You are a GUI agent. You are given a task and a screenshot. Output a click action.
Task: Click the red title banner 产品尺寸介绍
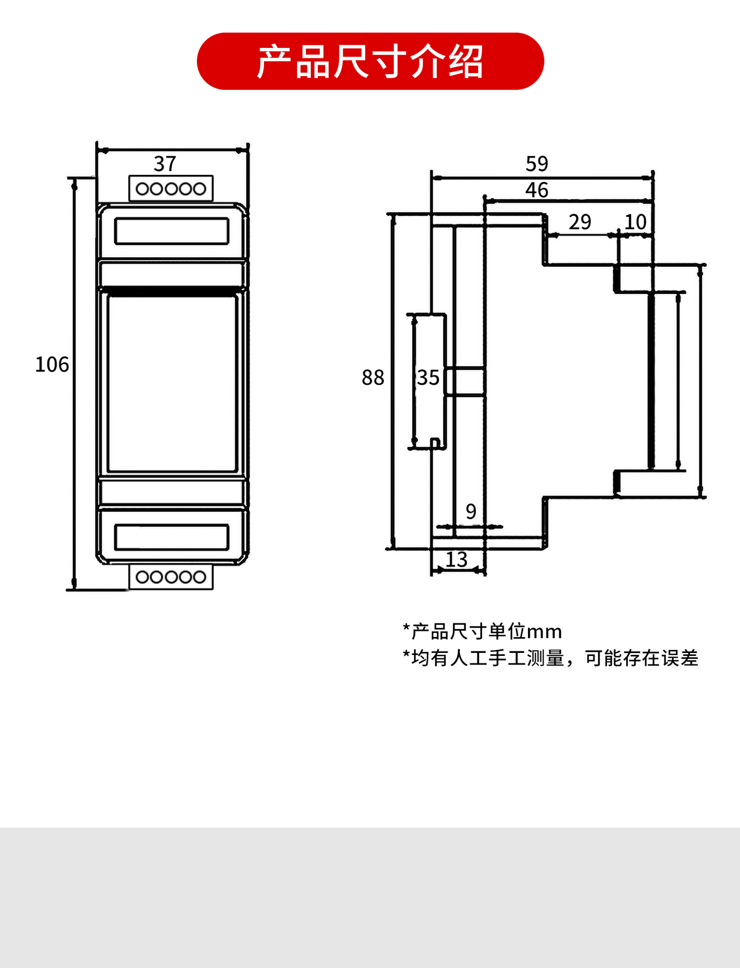coord(370,62)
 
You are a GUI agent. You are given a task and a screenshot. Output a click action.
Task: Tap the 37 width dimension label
coord(165,164)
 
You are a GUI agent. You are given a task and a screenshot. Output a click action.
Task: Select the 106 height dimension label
coord(51,365)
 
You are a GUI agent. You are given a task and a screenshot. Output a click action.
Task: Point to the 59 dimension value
coord(536,164)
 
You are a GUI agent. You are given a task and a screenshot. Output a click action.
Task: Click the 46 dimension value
coord(536,190)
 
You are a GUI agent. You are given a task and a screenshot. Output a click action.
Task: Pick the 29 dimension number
coord(580,222)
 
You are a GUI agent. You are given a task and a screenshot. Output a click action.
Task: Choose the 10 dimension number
coord(635,222)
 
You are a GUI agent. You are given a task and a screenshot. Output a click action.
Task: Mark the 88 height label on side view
coord(373,378)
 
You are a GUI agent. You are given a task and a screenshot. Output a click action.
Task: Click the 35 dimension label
coord(428,378)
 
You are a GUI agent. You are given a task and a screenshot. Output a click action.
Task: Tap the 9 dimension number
coord(471,511)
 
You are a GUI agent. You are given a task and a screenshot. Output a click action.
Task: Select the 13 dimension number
coord(456,560)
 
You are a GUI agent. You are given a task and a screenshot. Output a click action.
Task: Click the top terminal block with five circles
coord(171,189)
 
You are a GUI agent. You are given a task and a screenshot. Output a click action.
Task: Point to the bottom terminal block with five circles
coord(171,577)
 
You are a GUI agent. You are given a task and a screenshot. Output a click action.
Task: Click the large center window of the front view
coord(172,383)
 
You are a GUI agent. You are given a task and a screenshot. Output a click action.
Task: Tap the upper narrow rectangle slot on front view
coord(172,231)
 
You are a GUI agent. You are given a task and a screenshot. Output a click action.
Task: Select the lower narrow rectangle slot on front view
coord(172,537)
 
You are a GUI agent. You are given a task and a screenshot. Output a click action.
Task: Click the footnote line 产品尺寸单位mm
coord(482,631)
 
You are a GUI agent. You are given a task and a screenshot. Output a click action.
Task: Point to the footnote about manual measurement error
coord(550,658)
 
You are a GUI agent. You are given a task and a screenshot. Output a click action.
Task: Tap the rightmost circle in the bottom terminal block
coord(199,577)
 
